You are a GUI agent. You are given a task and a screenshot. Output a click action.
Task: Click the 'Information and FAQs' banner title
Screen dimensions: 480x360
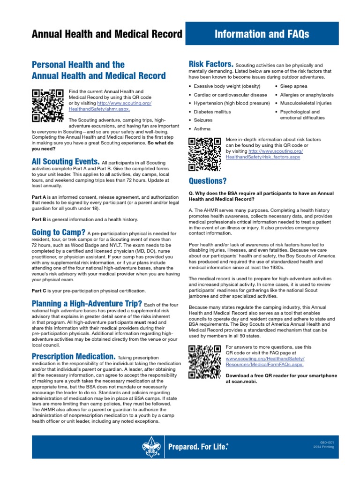coord(262,34)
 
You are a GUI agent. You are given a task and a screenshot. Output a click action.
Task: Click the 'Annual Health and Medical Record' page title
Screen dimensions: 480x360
coord(106,34)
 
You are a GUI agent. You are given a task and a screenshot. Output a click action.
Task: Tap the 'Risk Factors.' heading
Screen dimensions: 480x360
coord(210,64)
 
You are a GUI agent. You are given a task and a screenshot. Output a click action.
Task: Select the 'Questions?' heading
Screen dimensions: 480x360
coord(207,181)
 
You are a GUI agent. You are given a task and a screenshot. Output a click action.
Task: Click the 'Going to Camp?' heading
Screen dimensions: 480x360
coord(59,232)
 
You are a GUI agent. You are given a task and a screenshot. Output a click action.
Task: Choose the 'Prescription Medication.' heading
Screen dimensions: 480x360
coord(73,356)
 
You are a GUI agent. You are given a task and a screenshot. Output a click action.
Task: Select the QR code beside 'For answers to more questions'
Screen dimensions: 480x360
coord(204,361)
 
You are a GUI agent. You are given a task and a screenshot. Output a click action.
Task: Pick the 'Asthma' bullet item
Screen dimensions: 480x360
coord(202,128)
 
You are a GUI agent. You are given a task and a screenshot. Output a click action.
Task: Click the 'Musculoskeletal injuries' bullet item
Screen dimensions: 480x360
coord(306,103)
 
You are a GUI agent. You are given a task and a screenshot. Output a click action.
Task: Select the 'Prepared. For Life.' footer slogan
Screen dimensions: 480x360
coord(198,447)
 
